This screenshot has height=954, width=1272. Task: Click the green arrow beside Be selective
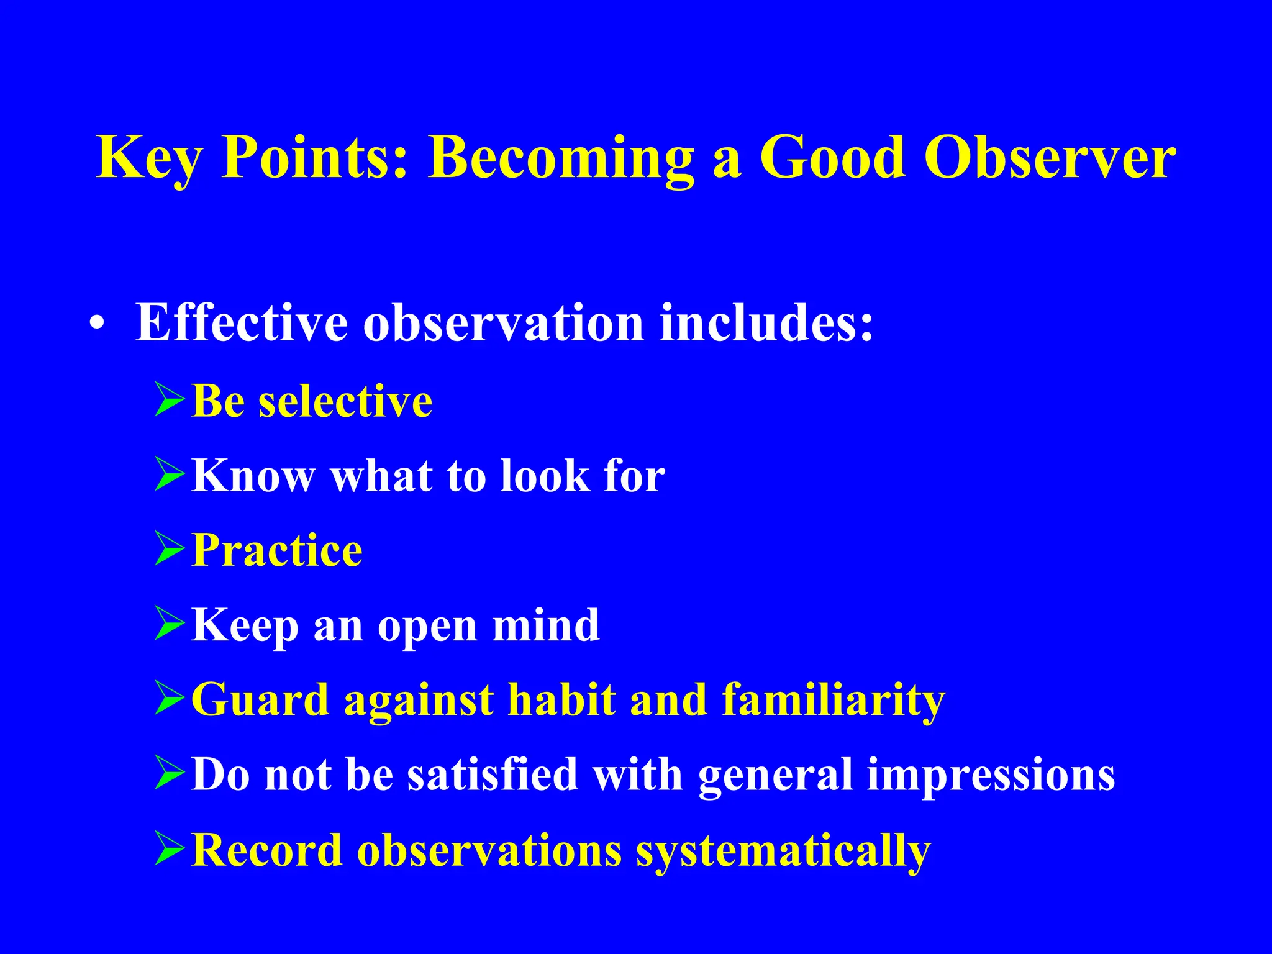pos(170,401)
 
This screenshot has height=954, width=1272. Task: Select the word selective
pos(345,401)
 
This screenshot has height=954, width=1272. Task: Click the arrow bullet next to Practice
pos(170,550)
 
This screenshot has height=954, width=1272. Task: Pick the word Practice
pos(277,550)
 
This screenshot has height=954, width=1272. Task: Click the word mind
pos(546,625)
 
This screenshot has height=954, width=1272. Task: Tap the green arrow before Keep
pos(170,625)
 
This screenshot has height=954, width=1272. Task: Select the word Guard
pos(260,700)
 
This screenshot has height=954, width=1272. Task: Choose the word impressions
pos(991,775)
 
